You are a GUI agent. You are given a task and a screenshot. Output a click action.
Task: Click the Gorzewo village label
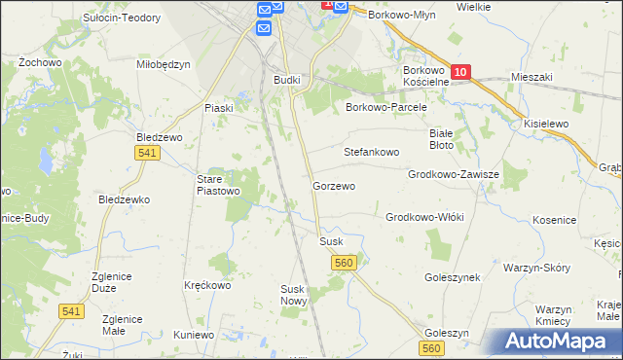333,185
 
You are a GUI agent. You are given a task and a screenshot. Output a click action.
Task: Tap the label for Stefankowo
372,153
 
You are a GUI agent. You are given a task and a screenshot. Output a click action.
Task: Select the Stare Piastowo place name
218,185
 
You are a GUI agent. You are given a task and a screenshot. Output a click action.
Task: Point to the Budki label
287,80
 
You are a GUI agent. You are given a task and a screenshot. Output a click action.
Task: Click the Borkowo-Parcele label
387,108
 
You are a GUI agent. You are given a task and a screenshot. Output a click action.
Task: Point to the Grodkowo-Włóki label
425,218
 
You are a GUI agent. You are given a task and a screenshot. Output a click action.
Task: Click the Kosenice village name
555,221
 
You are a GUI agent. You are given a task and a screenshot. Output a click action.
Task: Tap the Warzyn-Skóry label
536,267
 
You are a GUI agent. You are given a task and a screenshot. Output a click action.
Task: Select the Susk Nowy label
293,295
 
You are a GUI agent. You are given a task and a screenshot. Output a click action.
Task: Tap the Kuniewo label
194,335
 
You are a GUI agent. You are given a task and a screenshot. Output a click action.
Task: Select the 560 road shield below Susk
343,263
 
